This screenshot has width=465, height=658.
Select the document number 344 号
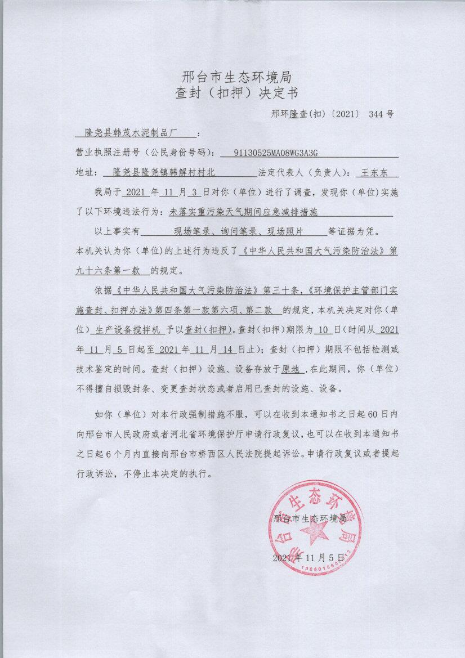tap(381, 114)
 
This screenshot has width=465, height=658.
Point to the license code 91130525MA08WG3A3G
tap(272, 153)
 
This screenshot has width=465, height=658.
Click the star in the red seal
tap(314, 531)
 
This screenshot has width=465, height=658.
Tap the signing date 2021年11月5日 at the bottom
tap(307, 558)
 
